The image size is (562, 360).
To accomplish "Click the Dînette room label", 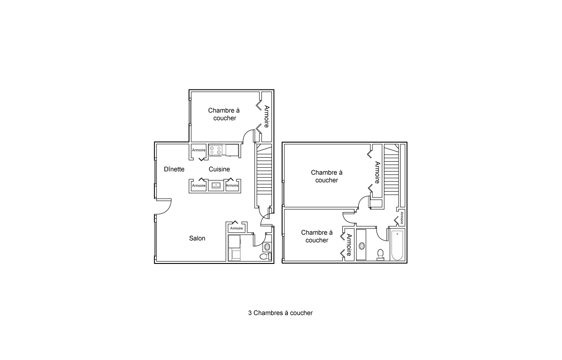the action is pos(174,169).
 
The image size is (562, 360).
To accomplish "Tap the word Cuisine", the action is pos(219,169).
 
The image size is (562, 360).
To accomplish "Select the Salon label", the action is pos(197,238).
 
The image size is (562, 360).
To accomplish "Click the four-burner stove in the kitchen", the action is pos(216,150).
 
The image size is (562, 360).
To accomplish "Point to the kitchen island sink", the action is pos(216,186).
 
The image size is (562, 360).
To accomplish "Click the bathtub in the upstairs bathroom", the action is pos(397,245).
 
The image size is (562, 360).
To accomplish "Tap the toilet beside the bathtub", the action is pos(380,255).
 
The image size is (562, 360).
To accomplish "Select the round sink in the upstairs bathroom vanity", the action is pos(361,246).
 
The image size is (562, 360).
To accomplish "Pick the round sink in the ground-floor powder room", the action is pos(267,247).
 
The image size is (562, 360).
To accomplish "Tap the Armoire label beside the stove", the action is pos(199,150).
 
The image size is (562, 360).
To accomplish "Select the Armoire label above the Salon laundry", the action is pos(236,228).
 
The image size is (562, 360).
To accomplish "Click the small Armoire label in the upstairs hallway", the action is pos(402,218).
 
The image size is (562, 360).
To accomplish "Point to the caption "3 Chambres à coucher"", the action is pos(280,313).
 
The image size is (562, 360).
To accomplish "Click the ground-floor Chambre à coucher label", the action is pos(224,114).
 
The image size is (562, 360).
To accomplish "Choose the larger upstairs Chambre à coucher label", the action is pos(327,176).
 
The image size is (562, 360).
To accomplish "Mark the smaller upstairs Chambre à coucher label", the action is pos(317,236).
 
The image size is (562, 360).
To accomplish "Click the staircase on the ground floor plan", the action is pos(264,176).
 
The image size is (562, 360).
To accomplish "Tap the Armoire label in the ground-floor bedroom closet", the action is pos(267,116).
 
